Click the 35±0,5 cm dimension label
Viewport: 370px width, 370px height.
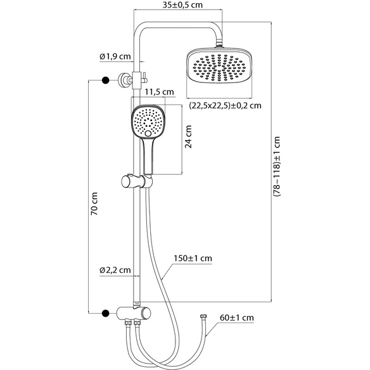[x=182, y=5]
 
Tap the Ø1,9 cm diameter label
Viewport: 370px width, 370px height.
[x=115, y=56]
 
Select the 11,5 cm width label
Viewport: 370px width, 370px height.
[x=159, y=92]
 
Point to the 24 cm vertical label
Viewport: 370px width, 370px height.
[x=189, y=137]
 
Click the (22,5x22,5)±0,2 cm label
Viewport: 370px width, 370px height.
[x=225, y=106]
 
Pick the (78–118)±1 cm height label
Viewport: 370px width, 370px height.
[x=277, y=167]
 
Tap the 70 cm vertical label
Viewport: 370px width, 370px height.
[x=94, y=203]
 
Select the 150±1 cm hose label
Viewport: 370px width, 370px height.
[x=193, y=258]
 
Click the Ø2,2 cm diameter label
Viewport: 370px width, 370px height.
[x=115, y=270]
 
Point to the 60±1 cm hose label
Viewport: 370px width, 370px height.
[x=237, y=317]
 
